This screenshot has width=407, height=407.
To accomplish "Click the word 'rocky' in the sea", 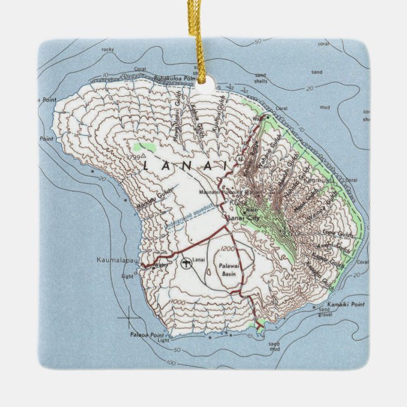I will (x=108, y=48).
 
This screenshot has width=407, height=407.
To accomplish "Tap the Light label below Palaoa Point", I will (x=164, y=341).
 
